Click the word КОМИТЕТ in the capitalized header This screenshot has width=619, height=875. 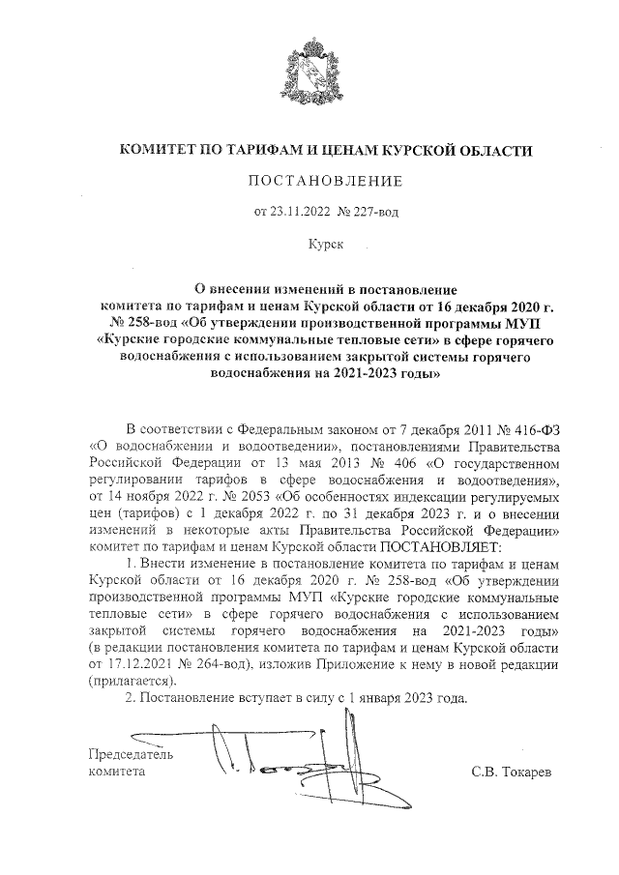(x=157, y=151)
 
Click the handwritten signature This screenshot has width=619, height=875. (x=280, y=764)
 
